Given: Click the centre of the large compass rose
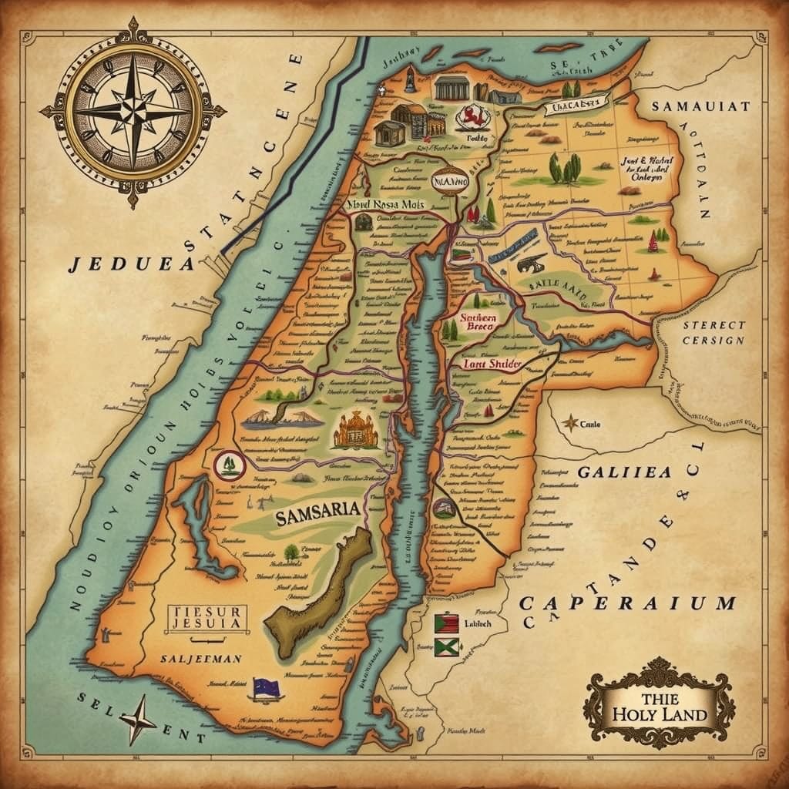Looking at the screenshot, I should click(133, 112).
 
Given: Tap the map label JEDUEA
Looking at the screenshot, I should click(130, 264).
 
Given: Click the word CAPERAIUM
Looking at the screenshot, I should click(628, 603).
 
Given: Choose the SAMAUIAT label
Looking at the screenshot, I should click(700, 107).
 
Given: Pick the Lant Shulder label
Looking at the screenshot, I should click(493, 364).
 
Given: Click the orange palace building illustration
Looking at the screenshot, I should click(355, 431).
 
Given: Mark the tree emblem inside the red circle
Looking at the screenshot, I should click(229, 465).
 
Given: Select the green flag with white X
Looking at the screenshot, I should click(446, 647).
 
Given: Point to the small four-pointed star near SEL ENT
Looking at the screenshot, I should click(139, 719).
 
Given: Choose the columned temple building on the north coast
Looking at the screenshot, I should click(452, 88).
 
